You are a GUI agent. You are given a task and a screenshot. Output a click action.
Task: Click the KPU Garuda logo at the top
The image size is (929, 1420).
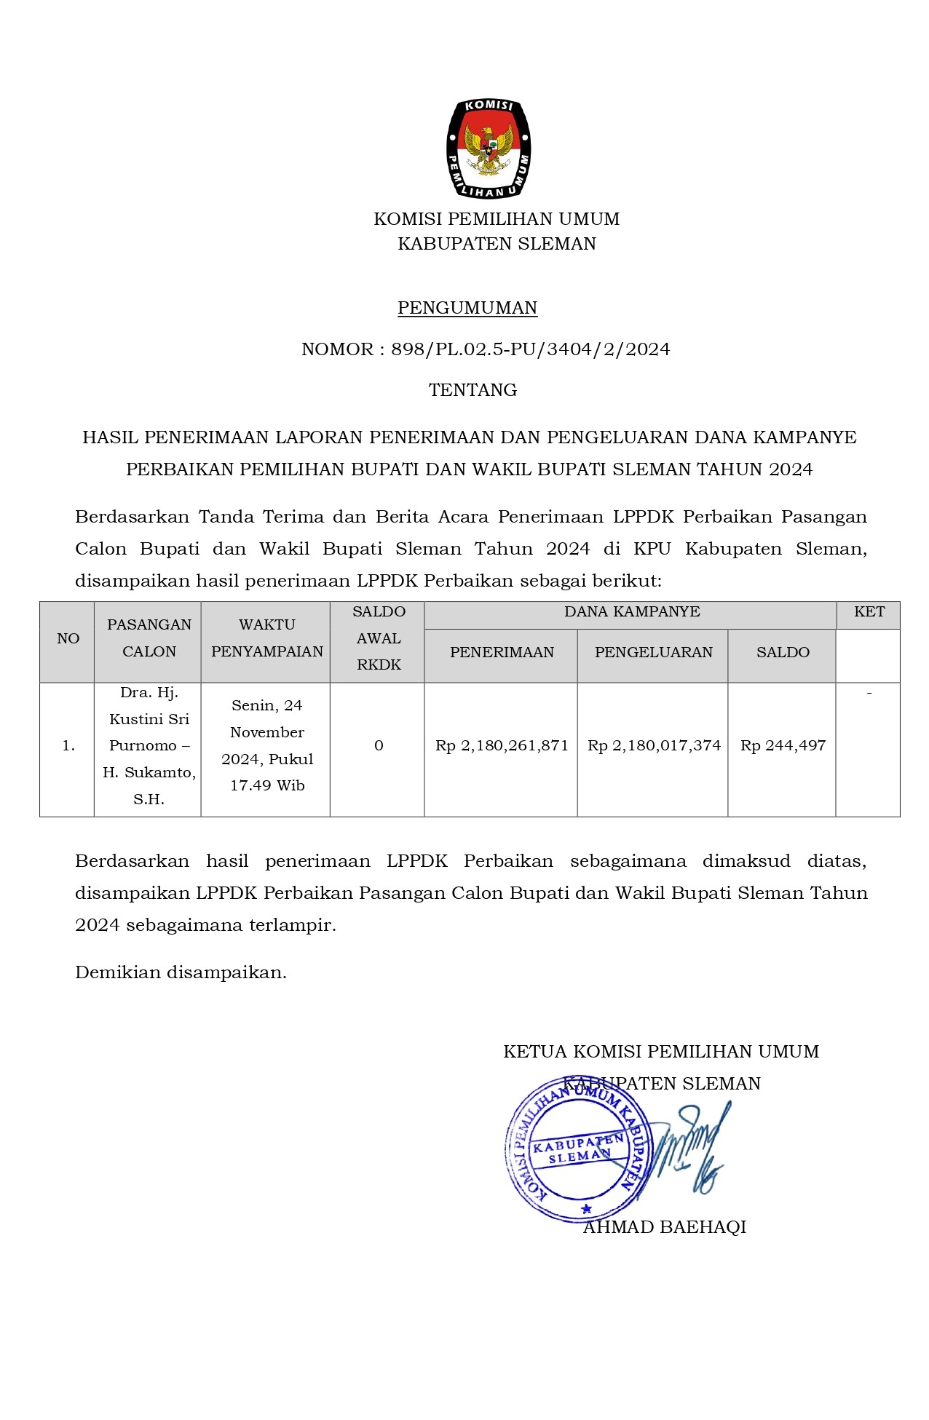tap(489, 148)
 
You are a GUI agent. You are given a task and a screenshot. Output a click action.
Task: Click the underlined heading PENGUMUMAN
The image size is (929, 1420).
tap(467, 308)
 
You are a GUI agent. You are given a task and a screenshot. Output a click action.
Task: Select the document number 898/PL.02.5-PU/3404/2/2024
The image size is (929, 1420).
tap(530, 349)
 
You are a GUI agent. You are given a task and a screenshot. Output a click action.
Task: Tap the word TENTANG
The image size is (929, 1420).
tap(473, 390)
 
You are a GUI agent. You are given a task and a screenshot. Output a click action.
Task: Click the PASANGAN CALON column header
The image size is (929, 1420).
tap(149, 638)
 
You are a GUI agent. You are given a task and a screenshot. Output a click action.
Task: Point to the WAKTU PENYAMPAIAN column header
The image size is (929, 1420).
tap(266, 638)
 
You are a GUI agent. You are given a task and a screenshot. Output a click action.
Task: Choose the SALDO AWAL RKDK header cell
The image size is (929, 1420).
tap(379, 638)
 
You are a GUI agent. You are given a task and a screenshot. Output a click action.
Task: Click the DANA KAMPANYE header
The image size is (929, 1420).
tap(631, 612)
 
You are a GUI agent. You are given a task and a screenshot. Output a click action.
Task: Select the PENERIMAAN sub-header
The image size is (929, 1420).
tap(502, 653)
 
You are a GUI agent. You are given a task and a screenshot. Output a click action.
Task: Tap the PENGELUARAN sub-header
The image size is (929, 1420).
tap(653, 653)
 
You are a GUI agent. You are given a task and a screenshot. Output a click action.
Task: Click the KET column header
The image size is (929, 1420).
tap(869, 612)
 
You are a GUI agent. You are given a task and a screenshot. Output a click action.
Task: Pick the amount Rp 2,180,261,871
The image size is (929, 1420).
tap(502, 746)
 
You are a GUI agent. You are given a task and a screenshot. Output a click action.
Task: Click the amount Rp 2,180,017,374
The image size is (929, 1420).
tap(654, 746)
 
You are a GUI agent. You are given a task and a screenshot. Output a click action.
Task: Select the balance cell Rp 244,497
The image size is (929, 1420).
tap(783, 746)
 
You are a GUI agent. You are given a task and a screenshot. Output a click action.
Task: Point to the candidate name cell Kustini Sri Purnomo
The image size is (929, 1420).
tap(149, 746)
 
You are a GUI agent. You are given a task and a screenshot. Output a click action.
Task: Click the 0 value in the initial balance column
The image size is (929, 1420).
tap(379, 746)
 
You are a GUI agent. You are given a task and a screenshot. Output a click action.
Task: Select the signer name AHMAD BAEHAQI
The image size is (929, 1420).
tap(664, 1227)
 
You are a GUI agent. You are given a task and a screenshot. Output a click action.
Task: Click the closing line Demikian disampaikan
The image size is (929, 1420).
tap(181, 972)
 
